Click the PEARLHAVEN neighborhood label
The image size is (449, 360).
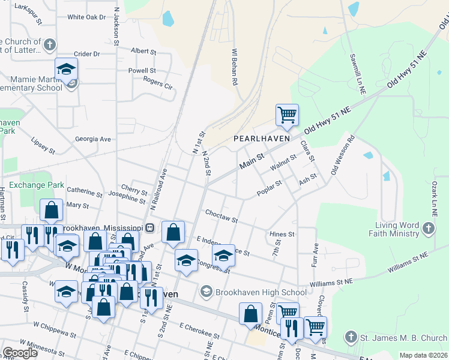tap(261, 138)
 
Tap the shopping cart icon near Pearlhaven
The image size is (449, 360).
tap(288, 115)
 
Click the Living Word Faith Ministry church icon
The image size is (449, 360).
tap(427, 228)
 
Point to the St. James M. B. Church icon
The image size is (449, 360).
tap(351, 338)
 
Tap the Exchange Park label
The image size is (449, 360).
tap(36, 185)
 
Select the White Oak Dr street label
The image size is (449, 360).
tap(86, 17)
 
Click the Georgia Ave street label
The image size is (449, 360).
tap(93, 139)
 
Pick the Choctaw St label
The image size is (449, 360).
tap(221, 216)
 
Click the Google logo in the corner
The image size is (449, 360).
tap(20, 352)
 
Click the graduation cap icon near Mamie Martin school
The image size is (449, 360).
tap(66, 68)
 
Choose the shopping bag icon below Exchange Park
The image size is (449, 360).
tap(52, 210)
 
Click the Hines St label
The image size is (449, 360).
tap(282, 234)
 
